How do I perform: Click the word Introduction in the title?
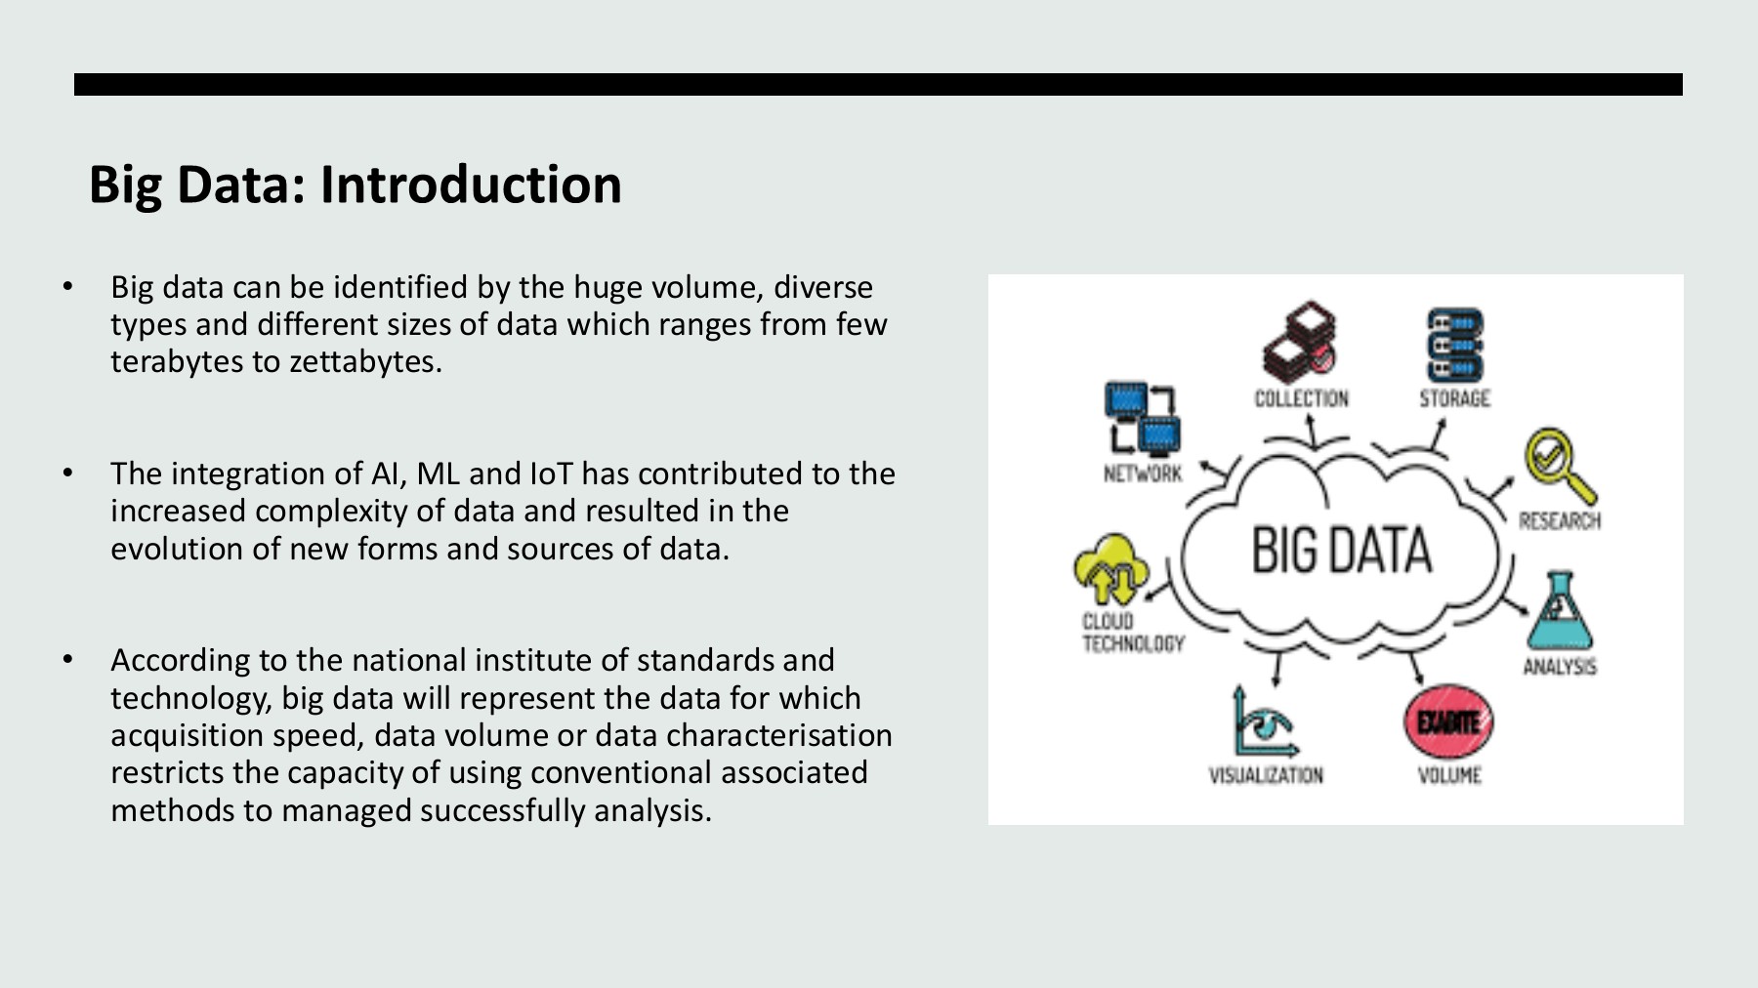[470, 185]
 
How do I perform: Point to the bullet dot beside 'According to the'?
[67, 660]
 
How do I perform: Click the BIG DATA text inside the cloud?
[1341, 550]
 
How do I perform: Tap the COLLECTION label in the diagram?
[1301, 398]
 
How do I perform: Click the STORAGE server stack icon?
[1454, 345]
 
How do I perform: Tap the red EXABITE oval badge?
[1448, 722]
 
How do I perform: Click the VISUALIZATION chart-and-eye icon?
[1264, 723]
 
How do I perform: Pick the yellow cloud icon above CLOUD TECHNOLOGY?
[1111, 571]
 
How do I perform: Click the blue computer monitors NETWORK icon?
[1142, 419]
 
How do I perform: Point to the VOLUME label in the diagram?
[1449, 775]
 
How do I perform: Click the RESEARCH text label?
[1559, 520]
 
